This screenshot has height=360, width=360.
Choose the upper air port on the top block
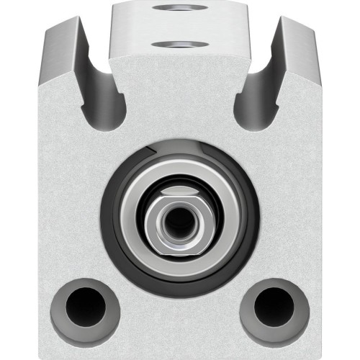click(180, 8)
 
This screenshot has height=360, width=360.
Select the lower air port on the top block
click(180, 45)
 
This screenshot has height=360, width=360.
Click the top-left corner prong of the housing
click(61, 29)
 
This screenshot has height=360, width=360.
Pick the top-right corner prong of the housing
click(299, 29)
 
